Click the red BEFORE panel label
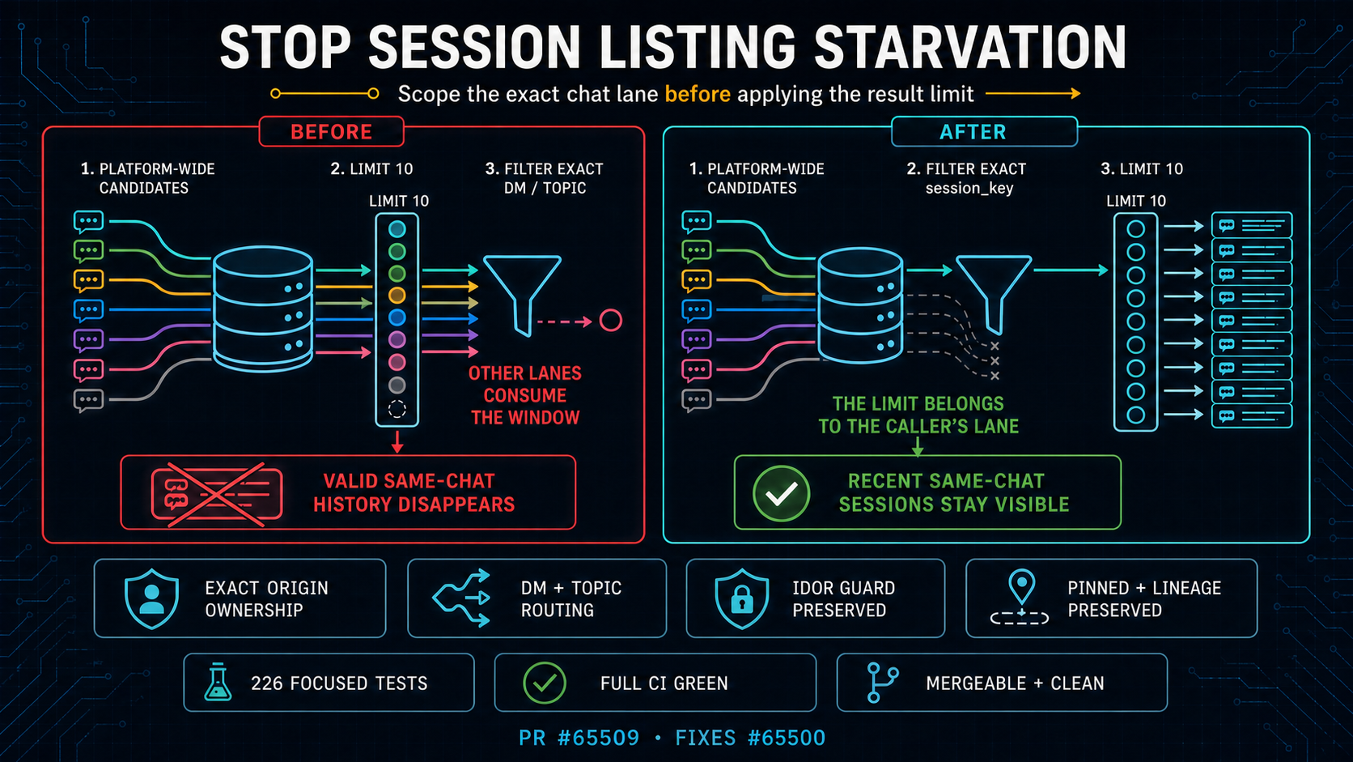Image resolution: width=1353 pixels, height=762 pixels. [x=331, y=132]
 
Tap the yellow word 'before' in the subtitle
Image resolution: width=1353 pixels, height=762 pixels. [x=698, y=94]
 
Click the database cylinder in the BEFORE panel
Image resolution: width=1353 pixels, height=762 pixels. [x=263, y=309]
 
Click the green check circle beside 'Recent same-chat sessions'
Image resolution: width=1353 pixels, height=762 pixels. [x=781, y=493]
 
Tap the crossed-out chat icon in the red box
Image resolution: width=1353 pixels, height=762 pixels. [x=216, y=494]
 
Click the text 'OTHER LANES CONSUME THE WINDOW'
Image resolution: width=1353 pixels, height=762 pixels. [x=525, y=395]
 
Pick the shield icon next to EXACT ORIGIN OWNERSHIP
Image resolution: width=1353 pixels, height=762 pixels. [x=151, y=598]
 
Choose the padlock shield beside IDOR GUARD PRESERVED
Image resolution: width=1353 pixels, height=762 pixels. [x=742, y=598]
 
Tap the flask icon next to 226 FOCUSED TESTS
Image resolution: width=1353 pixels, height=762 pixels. [x=218, y=682]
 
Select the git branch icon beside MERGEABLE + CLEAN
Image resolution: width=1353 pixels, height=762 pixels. [x=882, y=682]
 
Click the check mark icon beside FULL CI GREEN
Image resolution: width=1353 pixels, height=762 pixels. [x=545, y=683]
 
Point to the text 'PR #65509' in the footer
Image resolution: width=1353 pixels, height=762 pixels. [x=579, y=738]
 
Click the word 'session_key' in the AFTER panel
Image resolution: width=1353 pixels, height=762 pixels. [x=969, y=189]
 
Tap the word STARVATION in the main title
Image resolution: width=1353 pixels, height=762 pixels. [x=969, y=46]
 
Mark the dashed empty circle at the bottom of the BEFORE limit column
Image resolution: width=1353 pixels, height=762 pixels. [x=397, y=409]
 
